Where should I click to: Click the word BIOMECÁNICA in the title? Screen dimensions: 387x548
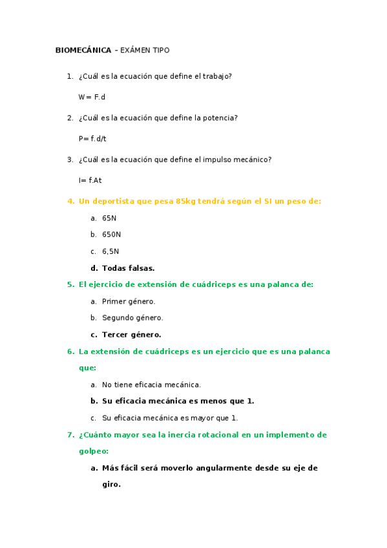pos(83,50)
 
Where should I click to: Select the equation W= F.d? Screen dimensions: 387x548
pos(92,97)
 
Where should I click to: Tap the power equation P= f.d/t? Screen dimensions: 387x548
pos(92,138)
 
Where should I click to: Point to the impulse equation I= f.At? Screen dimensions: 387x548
pos(90,180)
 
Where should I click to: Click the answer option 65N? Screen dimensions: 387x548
pos(109,218)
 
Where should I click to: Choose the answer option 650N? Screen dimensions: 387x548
pos(111,235)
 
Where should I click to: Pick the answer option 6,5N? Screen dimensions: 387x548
pos(110,251)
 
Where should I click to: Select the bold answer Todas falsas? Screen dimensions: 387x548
pos(128,268)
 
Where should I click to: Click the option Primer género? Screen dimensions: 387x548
pos(129,301)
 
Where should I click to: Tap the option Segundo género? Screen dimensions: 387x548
pos(132,318)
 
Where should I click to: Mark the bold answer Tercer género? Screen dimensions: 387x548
pos(131,335)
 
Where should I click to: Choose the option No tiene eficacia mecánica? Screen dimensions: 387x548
pos(151,385)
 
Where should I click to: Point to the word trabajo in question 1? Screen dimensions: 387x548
pos(216,76)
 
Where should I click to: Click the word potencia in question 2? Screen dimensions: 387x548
pos(220,118)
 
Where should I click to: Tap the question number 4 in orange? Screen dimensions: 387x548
pos(70,201)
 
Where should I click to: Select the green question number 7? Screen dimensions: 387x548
pos(70,435)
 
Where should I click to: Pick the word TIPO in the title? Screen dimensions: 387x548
pos(160,50)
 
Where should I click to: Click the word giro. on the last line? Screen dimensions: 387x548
pos(111,484)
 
